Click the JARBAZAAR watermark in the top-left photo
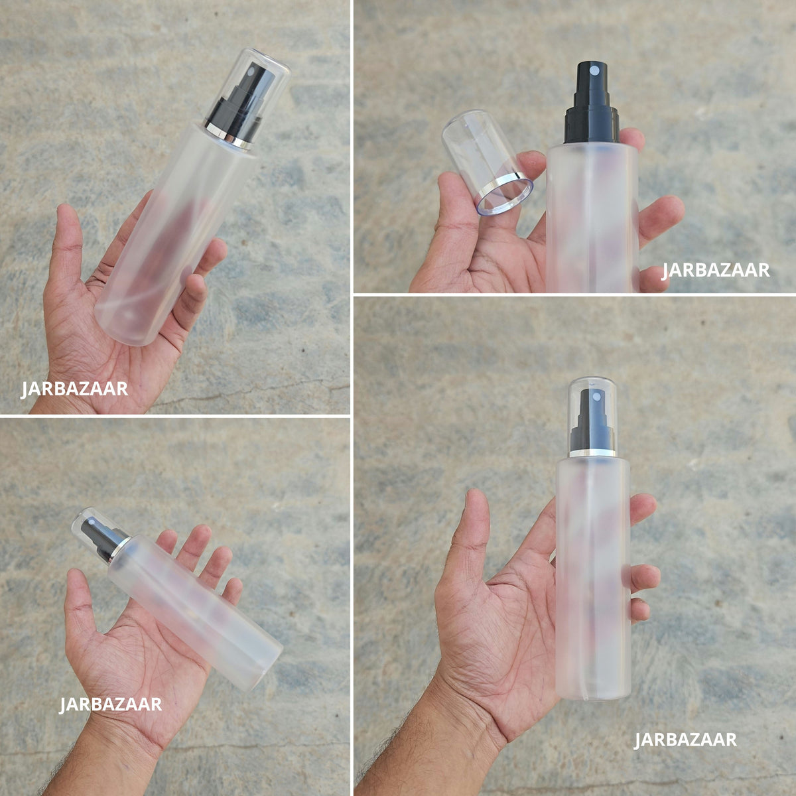point(74,389)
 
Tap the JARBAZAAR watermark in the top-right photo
point(716,270)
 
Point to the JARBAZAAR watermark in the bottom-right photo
point(685,740)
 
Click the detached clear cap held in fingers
point(488,162)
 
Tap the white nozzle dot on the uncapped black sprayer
point(593,70)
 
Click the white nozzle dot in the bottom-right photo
point(596,397)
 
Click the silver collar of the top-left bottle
point(228,134)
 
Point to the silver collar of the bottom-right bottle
point(592,453)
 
